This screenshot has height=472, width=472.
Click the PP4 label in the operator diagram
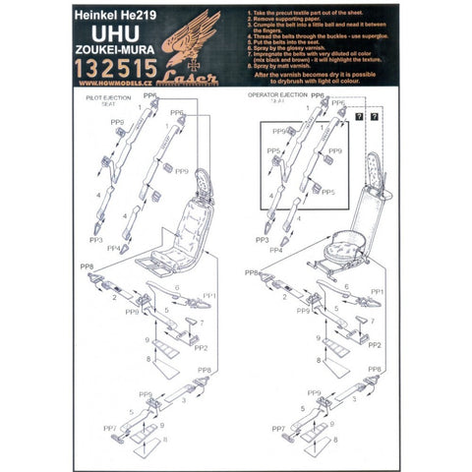274,250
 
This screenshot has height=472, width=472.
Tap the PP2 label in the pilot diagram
200,347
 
